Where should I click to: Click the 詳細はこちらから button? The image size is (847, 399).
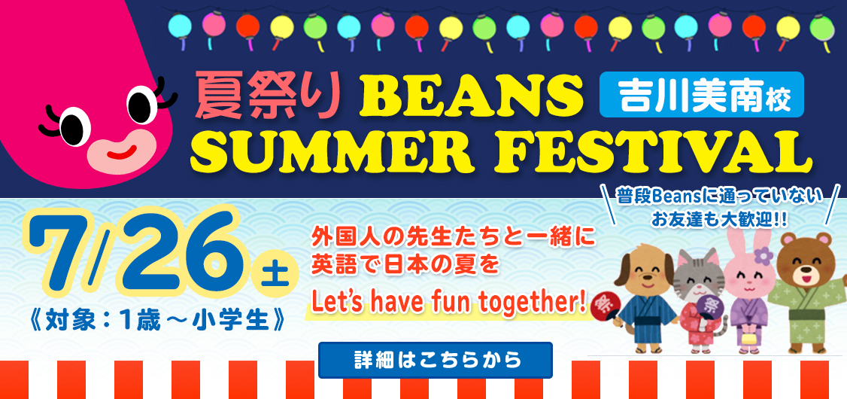436,360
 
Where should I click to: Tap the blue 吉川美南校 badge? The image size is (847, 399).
702,95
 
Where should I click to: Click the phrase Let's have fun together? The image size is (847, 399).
449,303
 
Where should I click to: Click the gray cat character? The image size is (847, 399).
699,301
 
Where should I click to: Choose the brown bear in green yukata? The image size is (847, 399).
802,292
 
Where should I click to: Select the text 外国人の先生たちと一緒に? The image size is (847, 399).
453,239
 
